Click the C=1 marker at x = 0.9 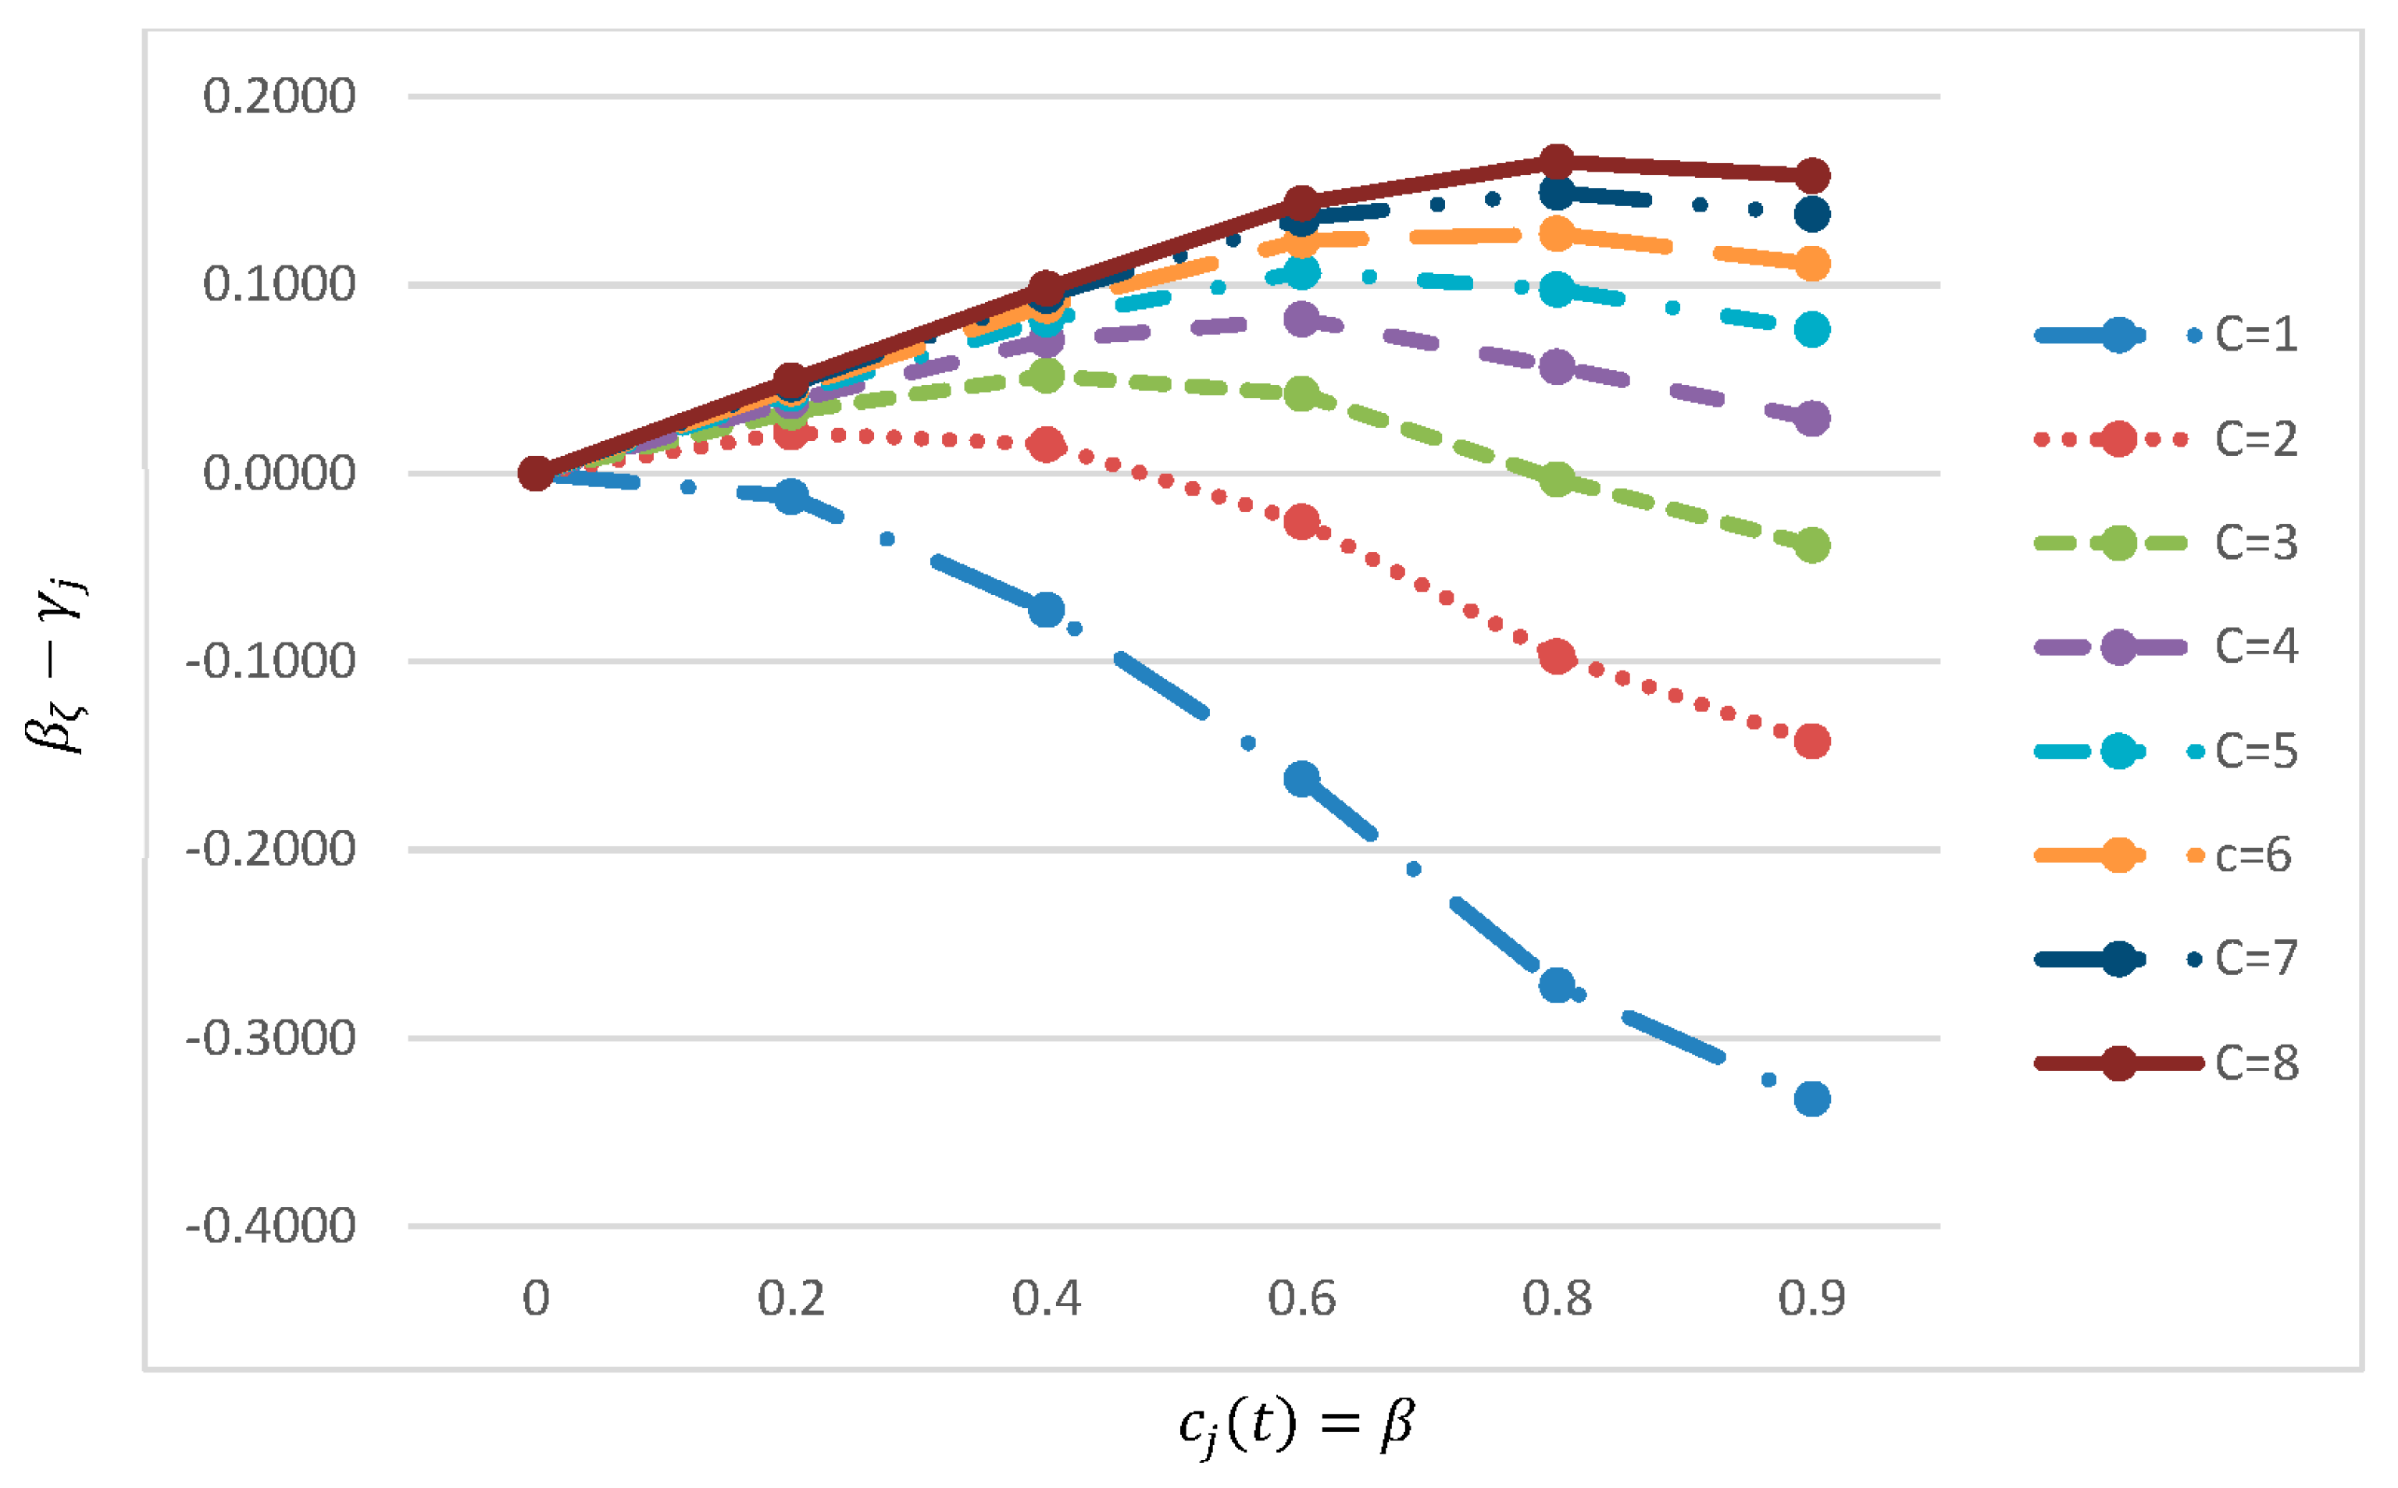1812,1098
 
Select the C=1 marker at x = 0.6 1301,779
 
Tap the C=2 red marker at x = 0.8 1556,657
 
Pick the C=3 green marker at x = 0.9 1812,545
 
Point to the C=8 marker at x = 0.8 1556,162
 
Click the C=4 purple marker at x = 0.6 1301,319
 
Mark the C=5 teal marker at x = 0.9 1812,329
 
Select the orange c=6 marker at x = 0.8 1556,234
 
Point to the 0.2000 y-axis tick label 279,97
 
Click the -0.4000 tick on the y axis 271,1226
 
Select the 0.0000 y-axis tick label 279,473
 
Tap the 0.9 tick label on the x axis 1811,1299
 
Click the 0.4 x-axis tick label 1047,1299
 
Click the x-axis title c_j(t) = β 1297,1425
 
